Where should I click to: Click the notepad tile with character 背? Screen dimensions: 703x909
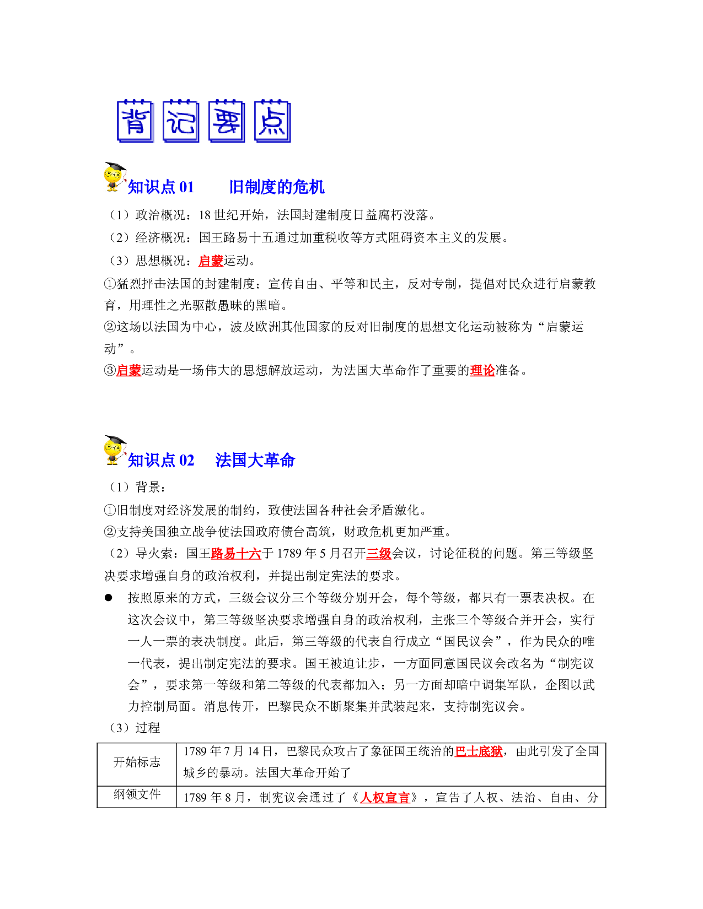point(135,121)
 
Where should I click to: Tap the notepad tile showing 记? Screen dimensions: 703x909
point(180,121)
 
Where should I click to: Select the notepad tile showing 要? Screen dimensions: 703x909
point(227,121)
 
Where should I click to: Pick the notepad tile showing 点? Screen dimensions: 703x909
point(272,121)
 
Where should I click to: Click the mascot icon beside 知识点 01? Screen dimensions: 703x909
point(115,177)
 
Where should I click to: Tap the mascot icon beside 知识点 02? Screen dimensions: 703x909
point(115,450)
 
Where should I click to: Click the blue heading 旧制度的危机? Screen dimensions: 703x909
point(277,187)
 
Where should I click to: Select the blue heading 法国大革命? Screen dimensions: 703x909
point(255,460)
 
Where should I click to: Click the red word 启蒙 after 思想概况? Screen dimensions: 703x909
point(211,261)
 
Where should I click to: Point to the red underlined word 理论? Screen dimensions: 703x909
point(482,370)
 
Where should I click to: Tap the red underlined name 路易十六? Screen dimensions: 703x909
point(236,554)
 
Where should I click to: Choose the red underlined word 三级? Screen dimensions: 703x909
point(378,554)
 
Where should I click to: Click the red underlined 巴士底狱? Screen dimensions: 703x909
point(479,751)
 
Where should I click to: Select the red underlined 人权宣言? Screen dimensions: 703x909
point(385,798)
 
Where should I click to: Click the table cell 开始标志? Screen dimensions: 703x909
point(137,762)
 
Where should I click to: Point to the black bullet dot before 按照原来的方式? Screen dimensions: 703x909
point(109,598)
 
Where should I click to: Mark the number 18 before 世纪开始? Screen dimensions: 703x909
point(205,215)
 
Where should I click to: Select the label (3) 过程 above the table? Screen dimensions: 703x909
point(134,728)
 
